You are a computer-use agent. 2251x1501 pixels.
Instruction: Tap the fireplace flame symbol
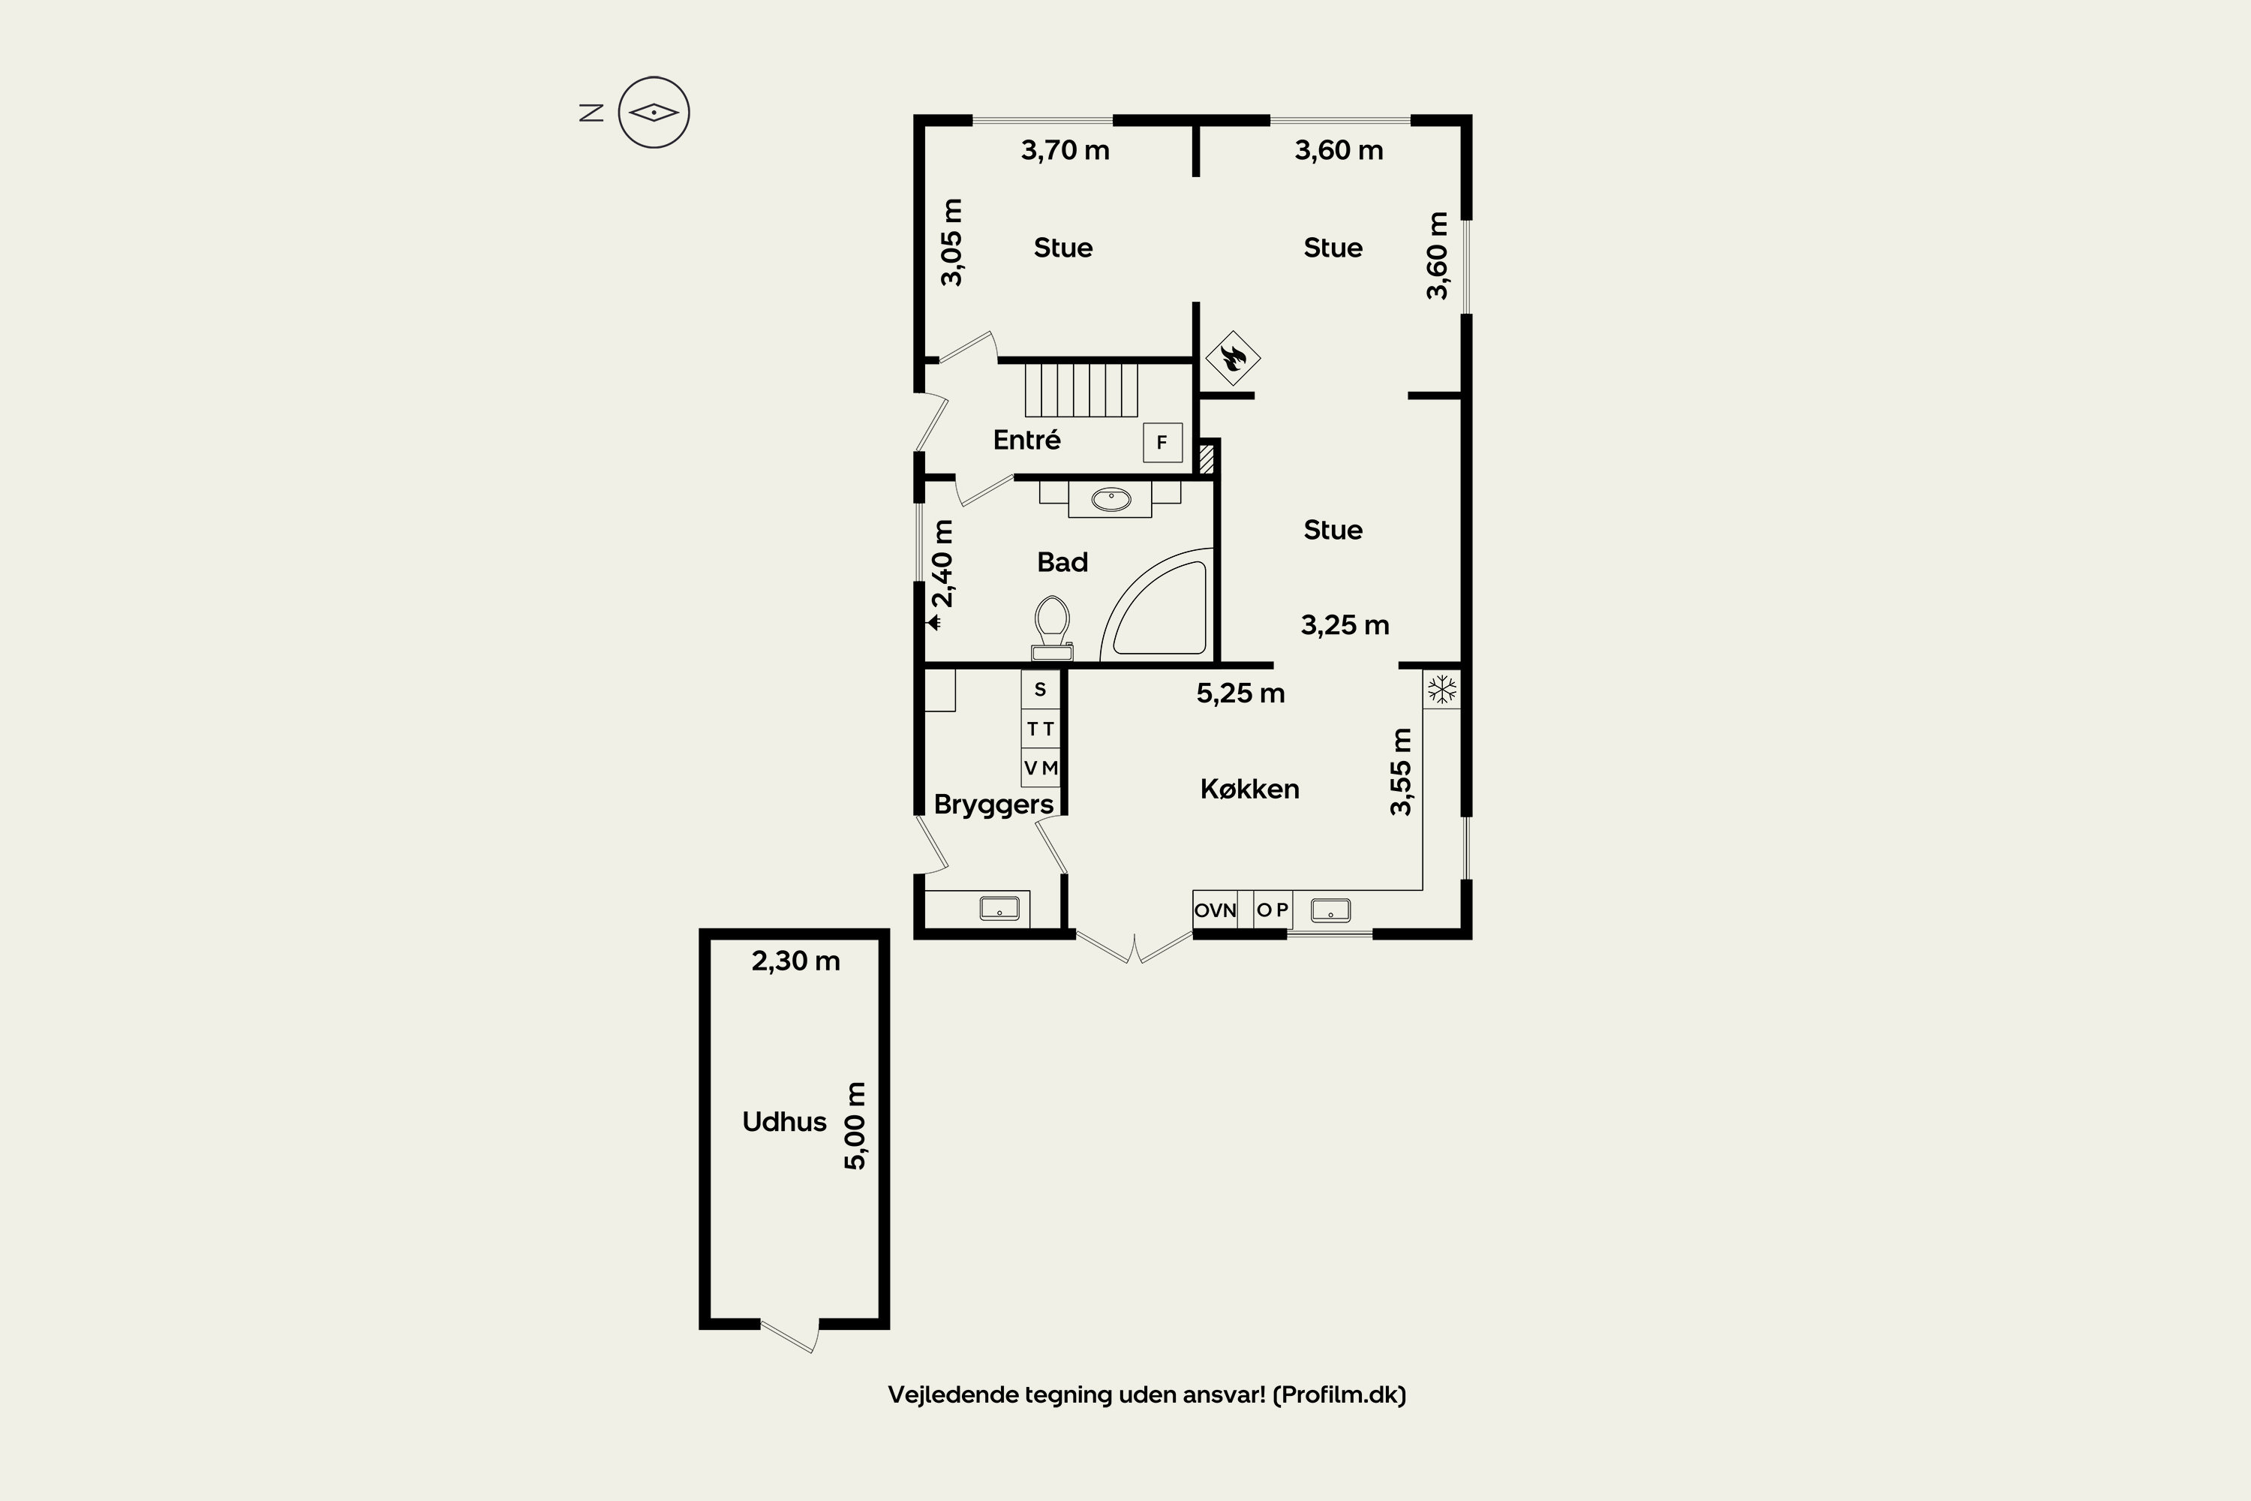(1232, 358)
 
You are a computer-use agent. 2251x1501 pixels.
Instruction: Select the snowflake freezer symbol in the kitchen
(1441, 689)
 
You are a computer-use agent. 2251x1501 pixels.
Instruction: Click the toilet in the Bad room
(1052, 628)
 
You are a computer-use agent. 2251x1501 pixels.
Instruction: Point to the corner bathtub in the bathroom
(1158, 605)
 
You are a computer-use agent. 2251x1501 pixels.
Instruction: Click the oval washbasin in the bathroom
(1111, 499)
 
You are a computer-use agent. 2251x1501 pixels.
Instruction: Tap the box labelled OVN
(1216, 910)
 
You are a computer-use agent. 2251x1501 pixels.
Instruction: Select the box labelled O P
(1273, 910)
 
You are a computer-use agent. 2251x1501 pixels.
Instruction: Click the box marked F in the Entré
(1163, 442)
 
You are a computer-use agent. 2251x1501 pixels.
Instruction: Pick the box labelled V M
(1040, 768)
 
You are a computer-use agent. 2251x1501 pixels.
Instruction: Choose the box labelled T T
(1040, 729)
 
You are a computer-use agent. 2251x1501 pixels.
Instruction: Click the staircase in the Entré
(1081, 390)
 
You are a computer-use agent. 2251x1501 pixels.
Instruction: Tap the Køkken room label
(1250, 789)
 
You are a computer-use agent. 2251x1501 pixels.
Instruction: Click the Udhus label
(784, 1122)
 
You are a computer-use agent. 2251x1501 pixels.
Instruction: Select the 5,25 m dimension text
(1240, 693)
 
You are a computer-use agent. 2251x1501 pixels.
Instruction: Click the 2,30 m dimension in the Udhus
(795, 961)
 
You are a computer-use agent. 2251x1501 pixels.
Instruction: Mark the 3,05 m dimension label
(951, 242)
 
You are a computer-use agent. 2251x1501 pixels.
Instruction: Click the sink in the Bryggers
(999, 907)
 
